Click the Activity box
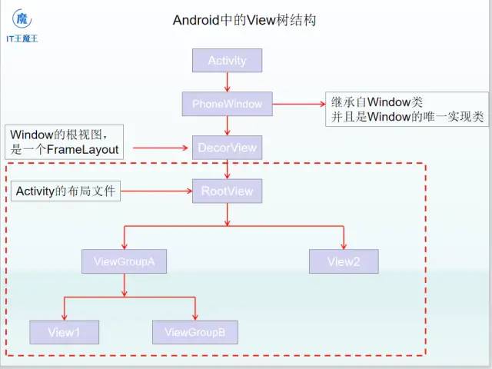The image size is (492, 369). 227,60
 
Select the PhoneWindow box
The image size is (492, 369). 227,104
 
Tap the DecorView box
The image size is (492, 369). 227,147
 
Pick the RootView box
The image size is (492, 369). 227,191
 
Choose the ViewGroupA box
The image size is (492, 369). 125,261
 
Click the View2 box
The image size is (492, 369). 344,261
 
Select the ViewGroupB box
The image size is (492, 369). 195,332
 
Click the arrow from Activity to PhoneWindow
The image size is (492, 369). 227,81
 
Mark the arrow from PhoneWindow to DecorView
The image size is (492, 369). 227,125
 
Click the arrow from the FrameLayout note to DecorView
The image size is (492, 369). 158,147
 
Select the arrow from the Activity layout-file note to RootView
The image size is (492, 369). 157,190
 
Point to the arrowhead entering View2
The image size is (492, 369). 344,244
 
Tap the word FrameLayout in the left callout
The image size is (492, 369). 83,149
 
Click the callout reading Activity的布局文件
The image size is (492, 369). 65,190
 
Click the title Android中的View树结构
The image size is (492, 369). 244,20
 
